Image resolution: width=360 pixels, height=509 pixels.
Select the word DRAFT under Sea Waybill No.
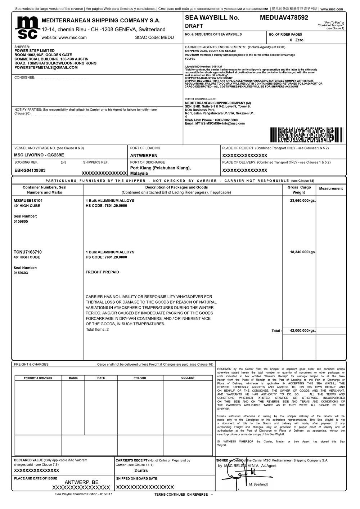[x=194, y=26]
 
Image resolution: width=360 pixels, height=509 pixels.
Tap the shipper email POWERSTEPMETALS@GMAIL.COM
[x=46, y=67]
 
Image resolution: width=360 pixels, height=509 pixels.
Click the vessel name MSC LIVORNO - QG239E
[x=39, y=155]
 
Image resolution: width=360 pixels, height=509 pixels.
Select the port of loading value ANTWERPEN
[x=144, y=156]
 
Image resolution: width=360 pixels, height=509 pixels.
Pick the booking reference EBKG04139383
[x=30, y=170]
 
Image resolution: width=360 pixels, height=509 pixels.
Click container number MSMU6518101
[x=28, y=201]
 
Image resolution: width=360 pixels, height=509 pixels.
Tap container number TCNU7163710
[x=28, y=252]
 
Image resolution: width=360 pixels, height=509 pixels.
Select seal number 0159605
[x=21, y=222]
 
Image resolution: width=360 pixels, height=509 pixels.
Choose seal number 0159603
[x=21, y=273]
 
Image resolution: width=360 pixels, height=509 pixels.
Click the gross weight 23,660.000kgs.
[x=303, y=201]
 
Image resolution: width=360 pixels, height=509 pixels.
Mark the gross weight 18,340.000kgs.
[x=303, y=252]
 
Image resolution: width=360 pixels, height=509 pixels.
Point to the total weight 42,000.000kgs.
[x=303, y=331]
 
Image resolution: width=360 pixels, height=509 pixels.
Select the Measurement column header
[x=331, y=188]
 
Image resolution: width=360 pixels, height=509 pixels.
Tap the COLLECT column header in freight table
[x=188, y=378]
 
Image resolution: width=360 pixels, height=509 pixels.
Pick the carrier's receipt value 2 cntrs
[x=141, y=470]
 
